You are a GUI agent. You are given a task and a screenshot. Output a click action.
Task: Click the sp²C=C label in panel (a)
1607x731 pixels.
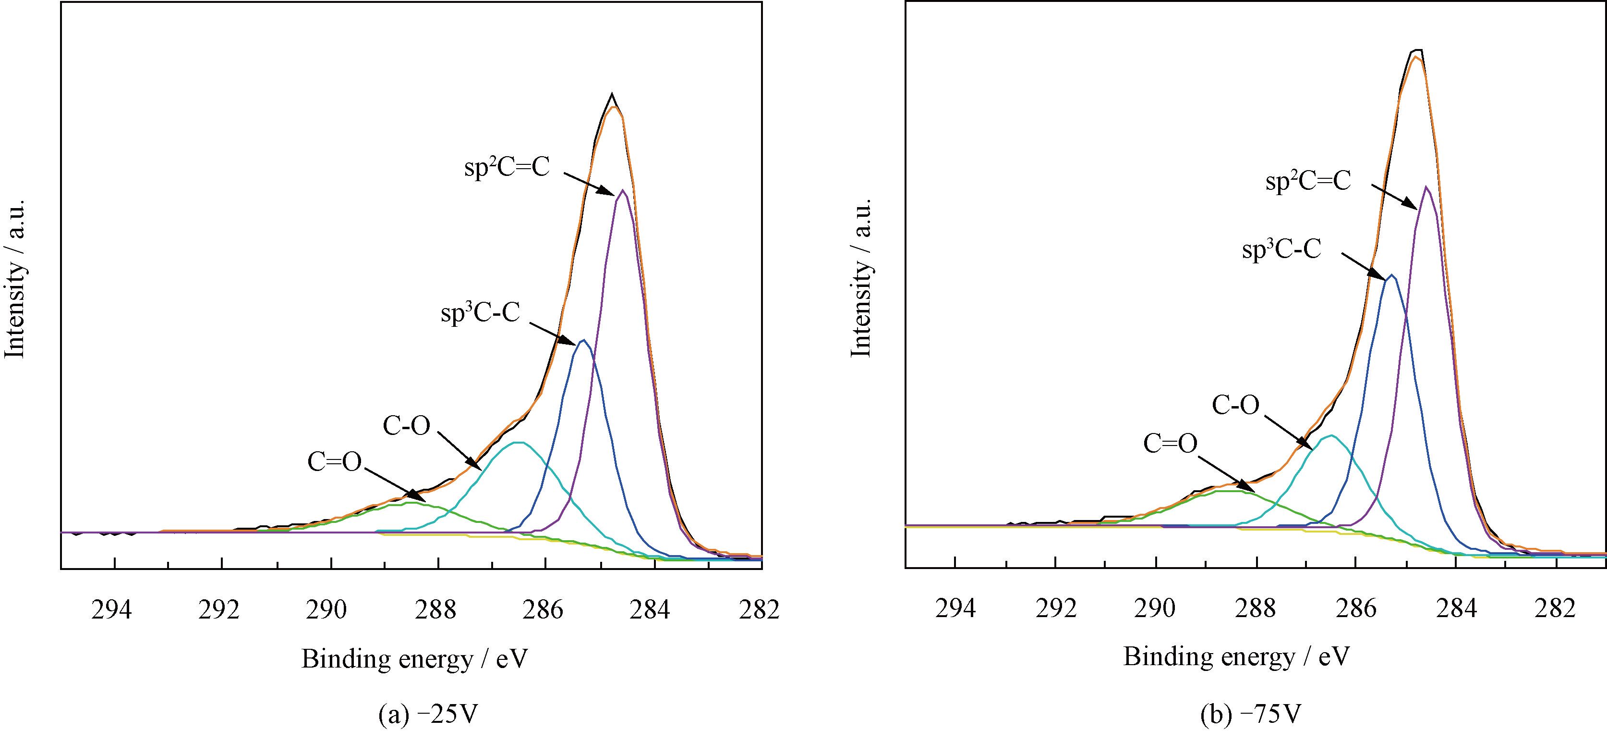[x=507, y=168]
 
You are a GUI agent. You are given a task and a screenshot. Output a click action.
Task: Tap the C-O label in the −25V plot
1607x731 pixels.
[x=406, y=426]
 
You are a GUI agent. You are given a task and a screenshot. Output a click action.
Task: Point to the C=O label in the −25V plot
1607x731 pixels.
[x=334, y=462]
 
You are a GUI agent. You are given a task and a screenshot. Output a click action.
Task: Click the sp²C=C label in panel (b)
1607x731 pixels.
[x=1307, y=181]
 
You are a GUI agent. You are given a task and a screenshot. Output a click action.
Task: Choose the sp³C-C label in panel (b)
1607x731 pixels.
[x=1281, y=250]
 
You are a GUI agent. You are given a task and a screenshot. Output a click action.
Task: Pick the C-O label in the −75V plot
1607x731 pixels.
[x=1235, y=405]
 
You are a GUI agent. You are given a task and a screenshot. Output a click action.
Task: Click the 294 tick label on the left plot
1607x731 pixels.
[x=112, y=609]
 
